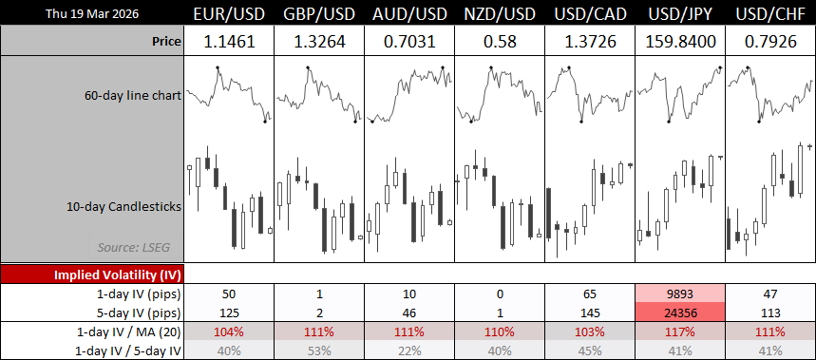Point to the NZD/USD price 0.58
[499, 42]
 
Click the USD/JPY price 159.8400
[680, 42]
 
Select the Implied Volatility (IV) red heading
[92, 274]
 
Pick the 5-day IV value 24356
[680, 311]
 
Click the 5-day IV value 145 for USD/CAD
[589, 311]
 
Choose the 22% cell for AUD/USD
[408, 350]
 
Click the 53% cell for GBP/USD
[318, 350]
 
